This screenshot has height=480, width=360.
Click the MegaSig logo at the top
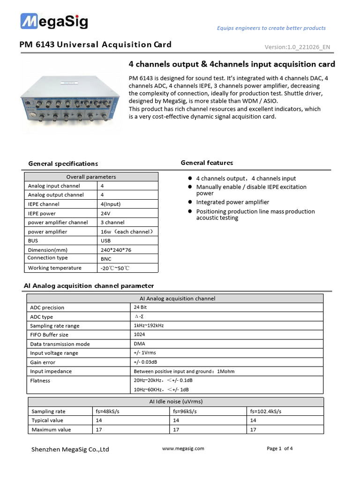pyautogui.click(x=53, y=22)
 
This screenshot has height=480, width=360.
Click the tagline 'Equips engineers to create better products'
pyautogui.click(x=271, y=28)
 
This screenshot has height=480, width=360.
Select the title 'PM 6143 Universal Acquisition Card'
pyautogui.click(x=95, y=45)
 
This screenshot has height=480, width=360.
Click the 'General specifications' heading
pyautogui.click(x=63, y=164)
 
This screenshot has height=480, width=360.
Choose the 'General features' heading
pyautogui.click(x=207, y=163)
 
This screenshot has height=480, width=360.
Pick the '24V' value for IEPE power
pyautogui.click(x=105, y=213)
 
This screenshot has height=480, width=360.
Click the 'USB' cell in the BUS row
pyautogui.click(x=105, y=240)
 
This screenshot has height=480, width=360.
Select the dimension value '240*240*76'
pyautogui.click(x=116, y=250)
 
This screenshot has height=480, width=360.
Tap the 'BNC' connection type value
pyautogui.click(x=106, y=259)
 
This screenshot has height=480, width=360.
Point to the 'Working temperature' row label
pyautogui.click(x=54, y=268)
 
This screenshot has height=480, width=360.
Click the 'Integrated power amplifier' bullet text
pyautogui.click(x=232, y=202)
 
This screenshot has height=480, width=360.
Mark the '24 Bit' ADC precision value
pyautogui.click(x=140, y=307)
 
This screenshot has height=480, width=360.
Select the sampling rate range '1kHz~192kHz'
pyautogui.click(x=149, y=325)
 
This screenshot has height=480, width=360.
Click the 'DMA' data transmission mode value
pyautogui.click(x=139, y=344)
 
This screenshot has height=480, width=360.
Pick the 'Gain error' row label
pyautogui.click(x=43, y=362)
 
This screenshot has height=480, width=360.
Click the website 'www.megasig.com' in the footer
pyautogui.click(x=183, y=449)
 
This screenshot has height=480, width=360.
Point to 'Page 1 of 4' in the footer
pyautogui.click(x=279, y=449)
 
